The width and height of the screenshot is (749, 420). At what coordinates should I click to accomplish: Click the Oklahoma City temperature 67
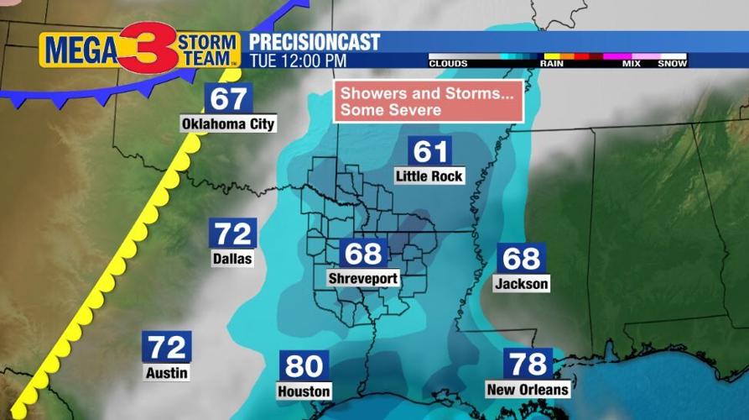pyautogui.click(x=228, y=97)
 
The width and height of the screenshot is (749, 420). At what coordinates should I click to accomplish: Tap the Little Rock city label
pyautogui.click(x=429, y=176)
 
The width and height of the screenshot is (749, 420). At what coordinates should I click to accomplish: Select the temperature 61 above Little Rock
pyautogui.click(x=430, y=151)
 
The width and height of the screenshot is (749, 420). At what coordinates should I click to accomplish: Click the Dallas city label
pyautogui.click(x=232, y=259)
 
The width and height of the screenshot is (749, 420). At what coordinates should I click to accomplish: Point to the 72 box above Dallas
pyautogui.click(x=232, y=234)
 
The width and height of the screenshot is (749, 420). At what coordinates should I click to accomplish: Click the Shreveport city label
pyautogui.click(x=363, y=278)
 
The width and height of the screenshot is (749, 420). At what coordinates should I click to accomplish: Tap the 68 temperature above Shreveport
pyautogui.click(x=363, y=253)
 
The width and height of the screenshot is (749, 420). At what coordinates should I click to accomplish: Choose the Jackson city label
pyautogui.click(x=521, y=283)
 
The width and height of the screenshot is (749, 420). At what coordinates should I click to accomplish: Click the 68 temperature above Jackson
pyautogui.click(x=521, y=258)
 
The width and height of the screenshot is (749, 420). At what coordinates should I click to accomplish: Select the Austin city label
pyautogui.click(x=166, y=372)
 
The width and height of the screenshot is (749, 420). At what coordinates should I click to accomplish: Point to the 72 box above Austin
pyautogui.click(x=166, y=346)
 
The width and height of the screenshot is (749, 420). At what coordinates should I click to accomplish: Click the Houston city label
pyautogui.click(x=304, y=391)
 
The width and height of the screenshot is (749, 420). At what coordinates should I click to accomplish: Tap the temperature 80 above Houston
pyautogui.click(x=304, y=366)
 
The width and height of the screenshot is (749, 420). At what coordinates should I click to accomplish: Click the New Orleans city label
pyautogui.click(x=528, y=389)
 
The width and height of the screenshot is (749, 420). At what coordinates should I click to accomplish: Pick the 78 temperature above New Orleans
pyautogui.click(x=528, y=364)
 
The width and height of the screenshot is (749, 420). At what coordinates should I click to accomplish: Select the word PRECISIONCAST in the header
pyautogui.click(x=314, y=42)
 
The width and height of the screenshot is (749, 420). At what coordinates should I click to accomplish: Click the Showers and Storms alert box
pyautogui.click(x=428, y=102)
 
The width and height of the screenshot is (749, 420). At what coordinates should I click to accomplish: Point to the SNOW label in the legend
pyautogui.click(x=672, y=64)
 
